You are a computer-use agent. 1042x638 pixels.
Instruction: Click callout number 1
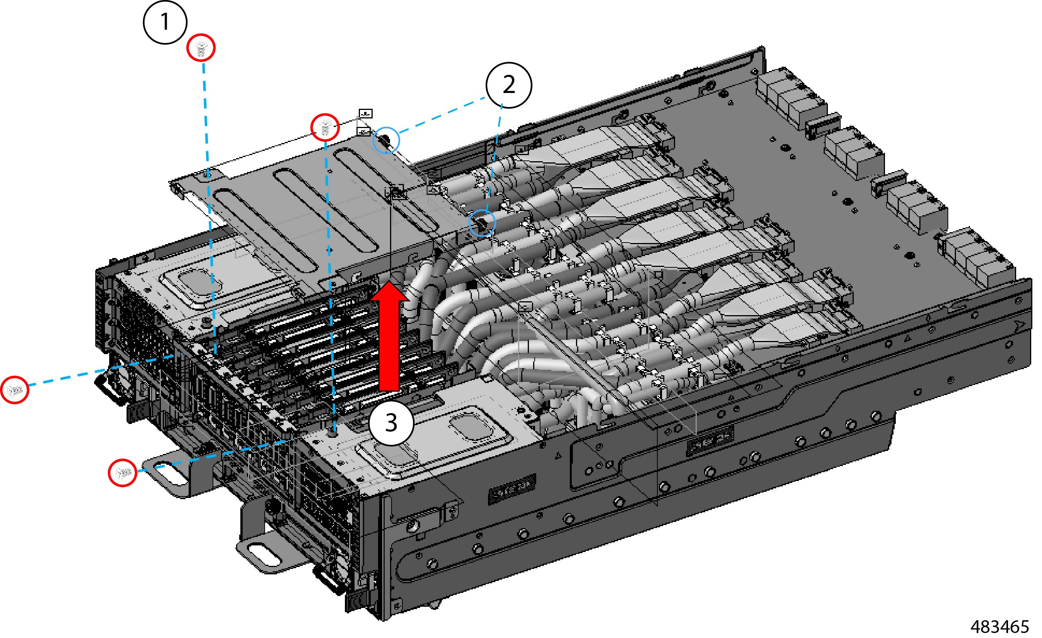point(165,22)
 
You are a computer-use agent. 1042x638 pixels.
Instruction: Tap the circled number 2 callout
point(509,85)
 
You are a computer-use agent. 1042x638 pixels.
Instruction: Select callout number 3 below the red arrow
point(391,422)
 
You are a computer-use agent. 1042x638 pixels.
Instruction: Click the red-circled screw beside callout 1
point(201,48)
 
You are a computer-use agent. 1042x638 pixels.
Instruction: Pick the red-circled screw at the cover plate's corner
point(325,127)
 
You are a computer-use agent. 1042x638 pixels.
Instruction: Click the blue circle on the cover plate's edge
point(386,140)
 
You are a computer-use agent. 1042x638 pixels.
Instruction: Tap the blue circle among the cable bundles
point(482,223)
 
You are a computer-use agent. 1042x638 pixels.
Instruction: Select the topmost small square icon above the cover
point(366,113)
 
